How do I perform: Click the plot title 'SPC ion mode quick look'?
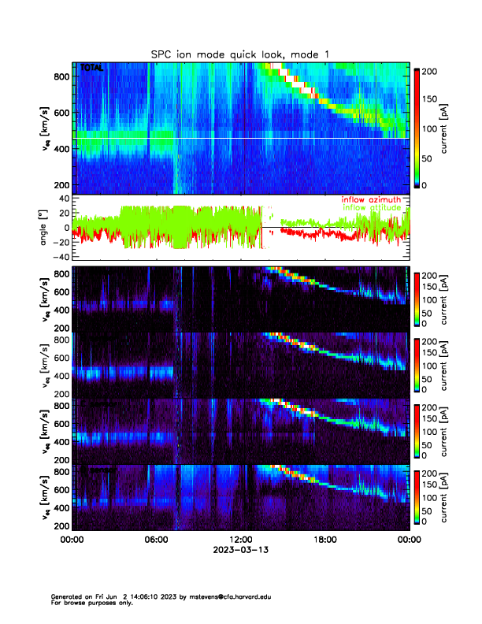241,54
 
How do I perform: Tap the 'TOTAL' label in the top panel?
92,69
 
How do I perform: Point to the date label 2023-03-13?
241,550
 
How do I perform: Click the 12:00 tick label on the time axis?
241,540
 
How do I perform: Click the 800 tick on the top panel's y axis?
61,76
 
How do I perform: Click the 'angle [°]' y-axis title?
45,228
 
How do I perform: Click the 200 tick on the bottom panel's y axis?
61,526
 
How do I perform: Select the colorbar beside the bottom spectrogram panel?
417,497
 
